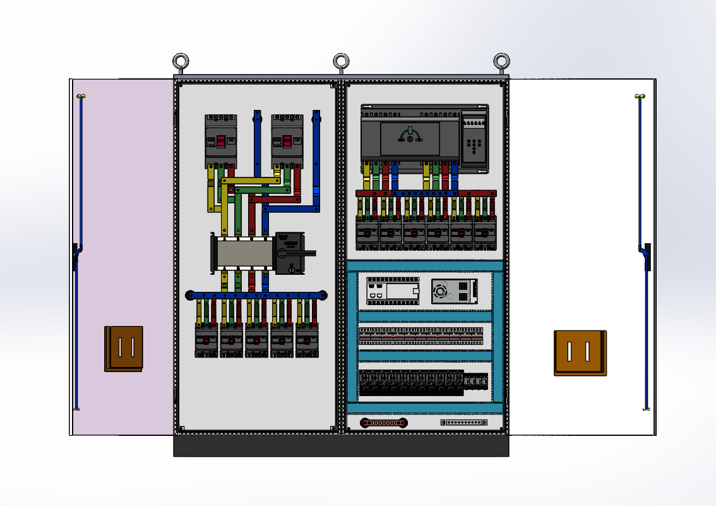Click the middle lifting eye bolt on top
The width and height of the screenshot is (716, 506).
click(342, 61)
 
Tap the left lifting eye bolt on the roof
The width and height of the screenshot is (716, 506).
click(181, 61)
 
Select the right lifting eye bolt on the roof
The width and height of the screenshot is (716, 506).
click(502, 61)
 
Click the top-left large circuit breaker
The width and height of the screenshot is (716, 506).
click(221, 140)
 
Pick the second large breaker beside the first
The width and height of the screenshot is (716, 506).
click(288, 140)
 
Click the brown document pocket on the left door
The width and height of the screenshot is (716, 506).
click(124, 348)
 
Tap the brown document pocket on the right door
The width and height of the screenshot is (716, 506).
click(580, 352)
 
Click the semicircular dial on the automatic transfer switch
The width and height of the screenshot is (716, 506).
click(409, 135)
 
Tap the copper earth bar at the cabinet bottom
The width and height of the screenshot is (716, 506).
click(383, 422)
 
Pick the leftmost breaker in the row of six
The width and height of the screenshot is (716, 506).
click(367, 232)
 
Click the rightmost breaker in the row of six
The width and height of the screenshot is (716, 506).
click(485, 232)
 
